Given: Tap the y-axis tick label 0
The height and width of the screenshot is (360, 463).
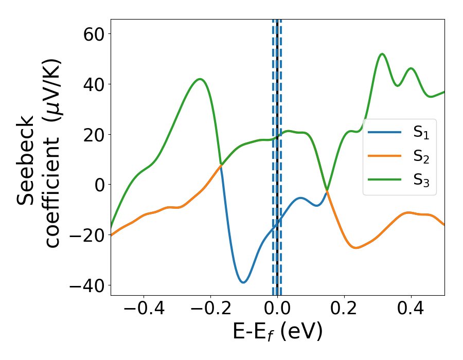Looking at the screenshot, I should [x=98, y=185].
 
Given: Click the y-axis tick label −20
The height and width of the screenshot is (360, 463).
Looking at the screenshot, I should [x=84, y=235].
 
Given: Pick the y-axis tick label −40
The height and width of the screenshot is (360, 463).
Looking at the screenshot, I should [x=84, y=285].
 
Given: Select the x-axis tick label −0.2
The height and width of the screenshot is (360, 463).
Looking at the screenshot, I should [x=210, y=309].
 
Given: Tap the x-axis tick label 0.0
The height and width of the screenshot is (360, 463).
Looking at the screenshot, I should [x=277, y=309].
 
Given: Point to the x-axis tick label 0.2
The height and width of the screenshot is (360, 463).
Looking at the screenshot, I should [x=344, y=309].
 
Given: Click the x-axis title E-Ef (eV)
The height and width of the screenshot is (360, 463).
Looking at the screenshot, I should [x=277, y=332].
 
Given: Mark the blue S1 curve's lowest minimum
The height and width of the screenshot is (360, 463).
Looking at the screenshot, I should [x=243, y=282].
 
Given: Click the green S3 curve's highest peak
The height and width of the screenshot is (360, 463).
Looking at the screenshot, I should [x=382, y=53].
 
